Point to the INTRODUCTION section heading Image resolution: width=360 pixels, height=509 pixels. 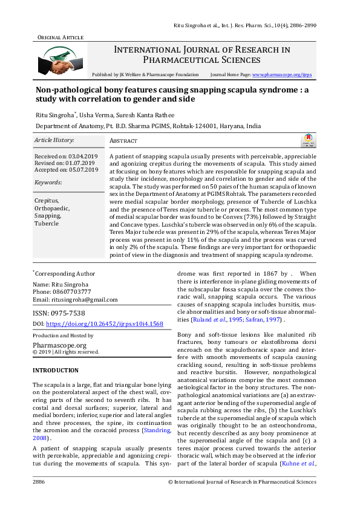55,370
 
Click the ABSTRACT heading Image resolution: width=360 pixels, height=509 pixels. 123,141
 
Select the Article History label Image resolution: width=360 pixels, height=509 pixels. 54,140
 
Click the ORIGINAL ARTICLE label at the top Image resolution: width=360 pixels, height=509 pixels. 61,37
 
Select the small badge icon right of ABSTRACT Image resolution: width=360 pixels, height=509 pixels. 308,141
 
